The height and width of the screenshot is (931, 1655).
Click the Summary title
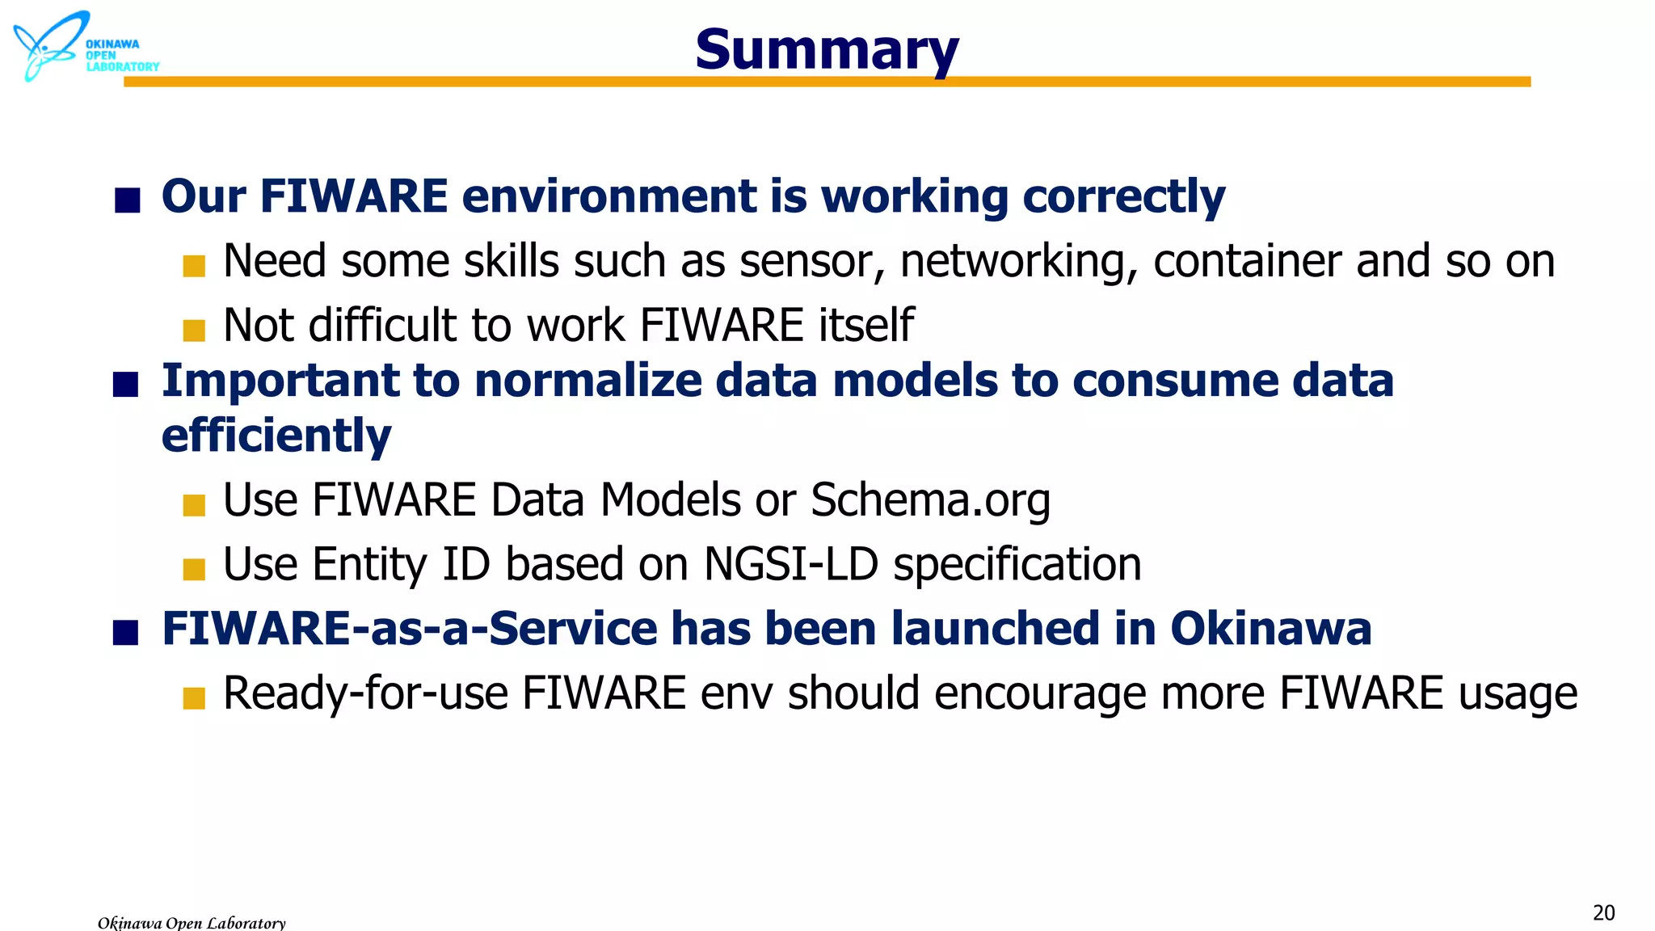coord(826,50)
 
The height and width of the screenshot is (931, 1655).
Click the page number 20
coord(1603,913)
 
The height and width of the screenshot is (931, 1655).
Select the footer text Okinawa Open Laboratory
coord(192,922)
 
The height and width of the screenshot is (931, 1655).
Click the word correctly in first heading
coord(1123,197)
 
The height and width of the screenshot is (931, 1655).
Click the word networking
coord(1019,262)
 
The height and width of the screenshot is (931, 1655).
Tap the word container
coord(1247,262)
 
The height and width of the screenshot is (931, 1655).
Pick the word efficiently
coord(276,436)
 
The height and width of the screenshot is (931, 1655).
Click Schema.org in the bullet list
coord(930,500)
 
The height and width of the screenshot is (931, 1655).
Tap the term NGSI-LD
coord(790,564)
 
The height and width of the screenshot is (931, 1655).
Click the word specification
coord(1017,565)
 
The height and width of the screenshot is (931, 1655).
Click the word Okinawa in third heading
coord(1270,629)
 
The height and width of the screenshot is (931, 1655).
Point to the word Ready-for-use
coord(365,693)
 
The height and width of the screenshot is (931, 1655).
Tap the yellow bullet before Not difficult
coord(194,330)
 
